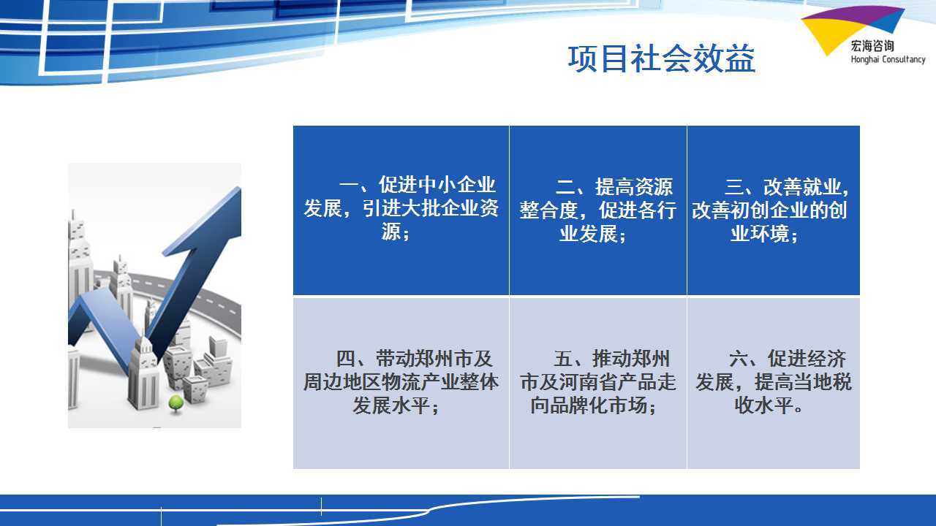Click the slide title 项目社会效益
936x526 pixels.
click(x=662, y=59)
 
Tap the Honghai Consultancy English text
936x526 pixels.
click(x=888, y=59)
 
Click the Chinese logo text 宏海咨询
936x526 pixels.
click(x=872, y=45)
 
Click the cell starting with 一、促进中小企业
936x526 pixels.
click(x=401, y=210)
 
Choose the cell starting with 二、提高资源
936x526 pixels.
click(x=598, y=210)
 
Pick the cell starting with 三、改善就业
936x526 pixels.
click(x=774, y=210)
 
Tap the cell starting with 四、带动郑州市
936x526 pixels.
click(x=401, y=383)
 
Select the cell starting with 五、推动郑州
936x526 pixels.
click(x=598, y=383)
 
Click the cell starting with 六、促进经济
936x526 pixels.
click(x=774, y=383)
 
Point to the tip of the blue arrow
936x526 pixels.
click(x=239, y=188)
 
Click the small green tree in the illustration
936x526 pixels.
click(x=176, y=404)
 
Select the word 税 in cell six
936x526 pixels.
click(x=842, y=382)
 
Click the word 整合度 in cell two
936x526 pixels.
click(x=548, y=210)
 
